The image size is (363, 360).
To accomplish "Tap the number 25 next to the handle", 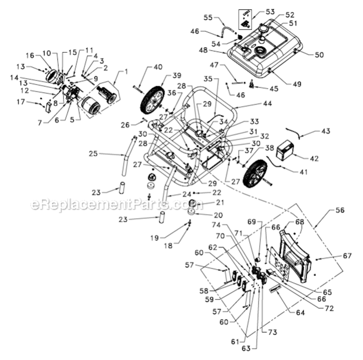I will click(94, 154).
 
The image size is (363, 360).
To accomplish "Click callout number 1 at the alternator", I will click(126, 72).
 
